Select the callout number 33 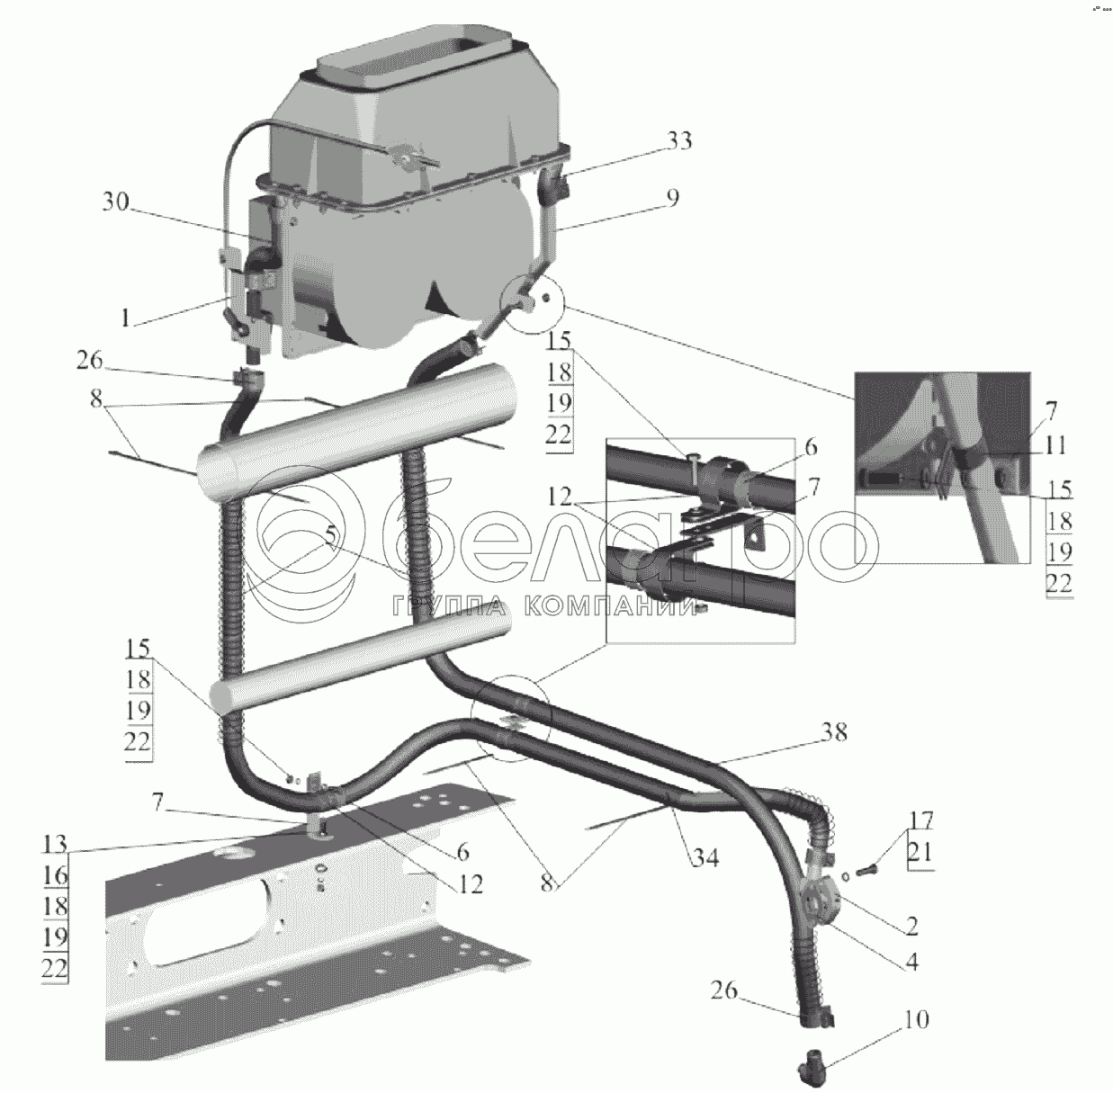(x=679, y=141)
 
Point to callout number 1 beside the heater (x=127, y=318)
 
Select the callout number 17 (x=920, y=820)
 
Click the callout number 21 (x=920, y=850)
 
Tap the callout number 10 (x=915, y=1020)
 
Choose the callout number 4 (x=911, y=962)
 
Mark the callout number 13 (x=54, y=844)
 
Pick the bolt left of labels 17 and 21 (x=867, y=871)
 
